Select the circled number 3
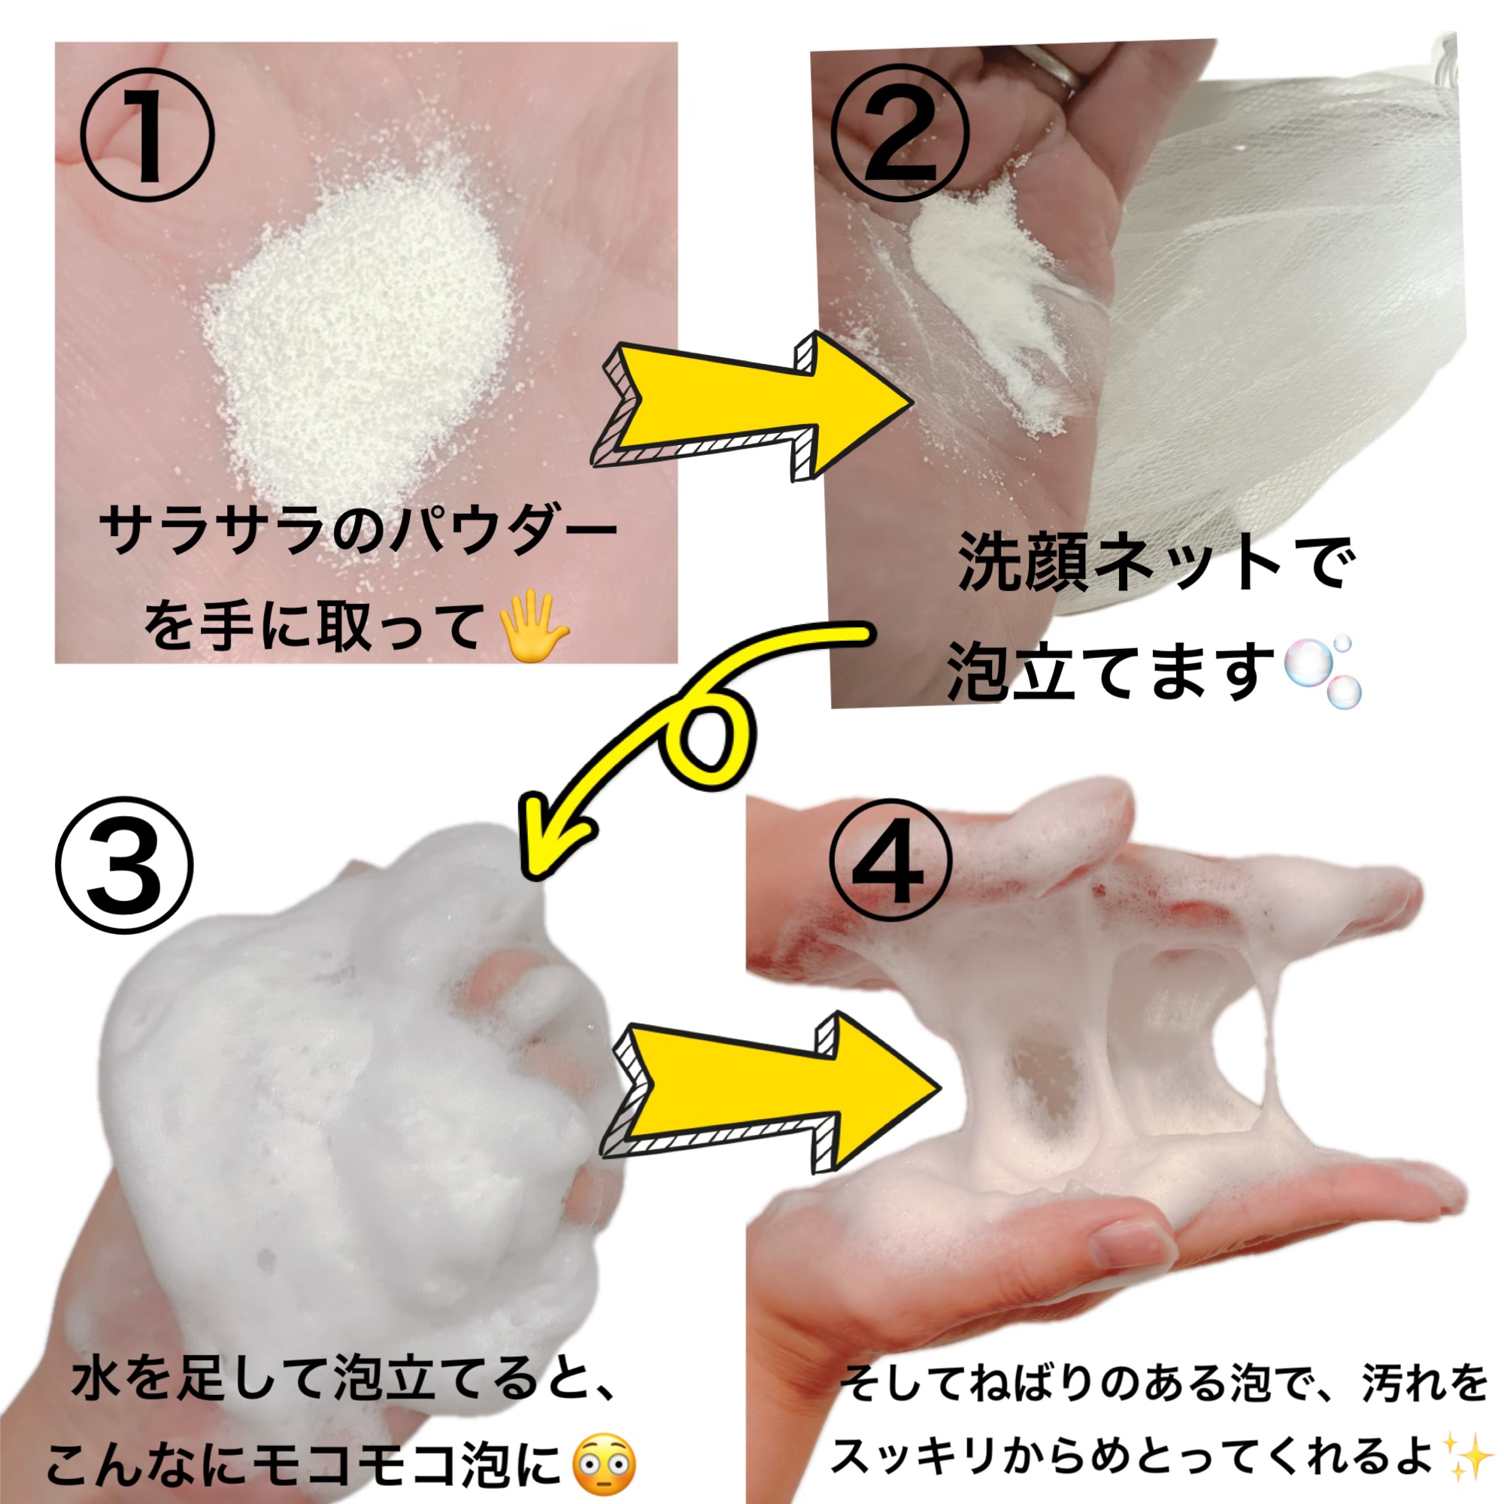pos(124,866)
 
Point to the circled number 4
pos(891,864)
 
